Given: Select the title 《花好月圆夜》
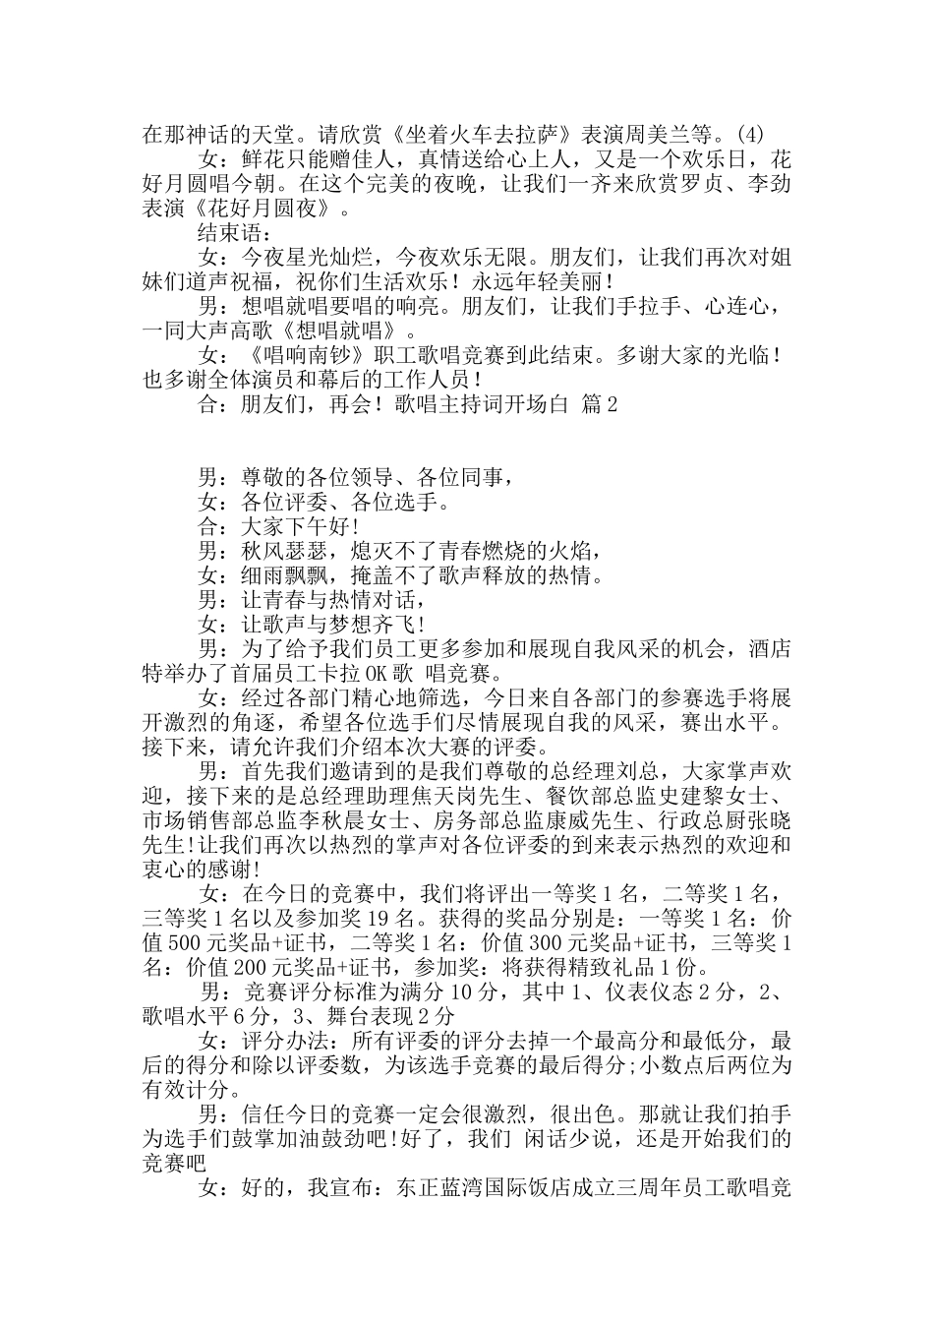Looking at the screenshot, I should click(x=265, y=210).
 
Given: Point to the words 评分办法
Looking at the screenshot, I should click(x=285, y=1040).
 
